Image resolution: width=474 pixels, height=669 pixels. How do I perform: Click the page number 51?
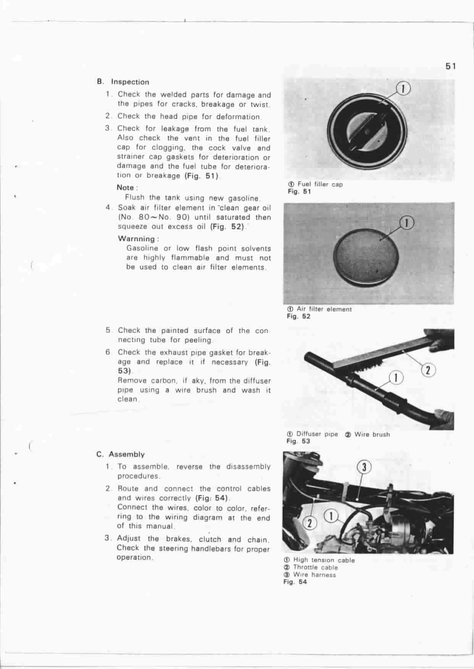451,66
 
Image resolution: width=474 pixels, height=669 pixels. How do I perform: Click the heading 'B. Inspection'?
123,82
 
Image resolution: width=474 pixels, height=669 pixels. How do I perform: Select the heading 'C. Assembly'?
121,454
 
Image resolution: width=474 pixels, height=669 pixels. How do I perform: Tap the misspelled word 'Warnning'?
137,239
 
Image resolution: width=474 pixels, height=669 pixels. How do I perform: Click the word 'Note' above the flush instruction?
125,187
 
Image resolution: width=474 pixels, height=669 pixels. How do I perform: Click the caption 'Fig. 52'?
299,317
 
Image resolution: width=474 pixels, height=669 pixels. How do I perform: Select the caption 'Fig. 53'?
298,441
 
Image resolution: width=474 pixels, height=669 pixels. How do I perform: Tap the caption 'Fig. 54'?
295,582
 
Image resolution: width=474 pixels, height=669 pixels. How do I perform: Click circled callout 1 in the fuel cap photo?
403,89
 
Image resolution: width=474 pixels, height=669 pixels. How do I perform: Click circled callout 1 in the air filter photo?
408,223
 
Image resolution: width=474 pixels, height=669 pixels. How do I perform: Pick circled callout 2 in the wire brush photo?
428,370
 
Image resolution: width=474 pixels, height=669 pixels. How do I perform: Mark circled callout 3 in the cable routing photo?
364,467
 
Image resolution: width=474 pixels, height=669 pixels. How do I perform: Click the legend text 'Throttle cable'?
315,568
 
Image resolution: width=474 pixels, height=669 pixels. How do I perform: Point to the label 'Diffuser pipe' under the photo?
317,434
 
